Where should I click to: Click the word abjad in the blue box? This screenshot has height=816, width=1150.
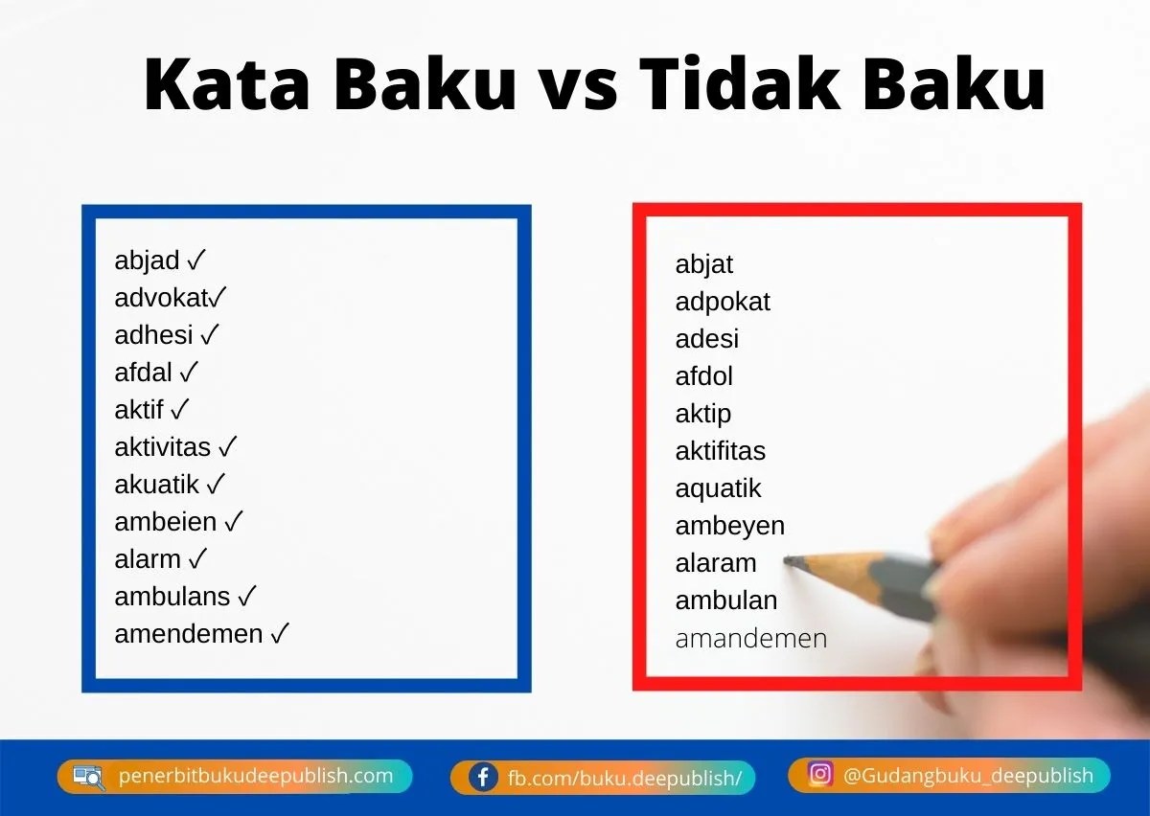pyautogui.click(x=147, y=261)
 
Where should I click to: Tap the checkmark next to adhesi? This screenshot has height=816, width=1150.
pyautogui.click(x=211, y=335)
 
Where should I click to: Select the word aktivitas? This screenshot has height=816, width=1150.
pyautogui.click(x=163, y=447)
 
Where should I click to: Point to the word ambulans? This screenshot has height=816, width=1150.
pyautogui.click(x=172, y=597)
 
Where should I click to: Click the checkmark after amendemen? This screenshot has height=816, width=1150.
pyautogui.click(x=280, y=634)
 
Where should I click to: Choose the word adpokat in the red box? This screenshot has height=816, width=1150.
pyautogui.click(x=723, y=303)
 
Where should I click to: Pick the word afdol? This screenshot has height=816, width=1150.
pyautogui.click(x=704, y=376)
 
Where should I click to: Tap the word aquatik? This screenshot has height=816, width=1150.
pyautogui.click(x=718, y=488)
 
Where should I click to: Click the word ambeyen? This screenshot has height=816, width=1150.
pyautogui.click(x=729, y=526)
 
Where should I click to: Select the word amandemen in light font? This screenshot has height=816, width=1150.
pyautogui.click(x=750, y=639)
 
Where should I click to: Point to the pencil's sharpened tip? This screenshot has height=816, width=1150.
pyautogui.click(x=789, y=562)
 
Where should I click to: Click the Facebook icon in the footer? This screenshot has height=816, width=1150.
pyautogui.click(x=484, y=777)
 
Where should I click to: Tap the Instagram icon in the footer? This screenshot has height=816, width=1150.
pyautogui.click(x=820, y=774)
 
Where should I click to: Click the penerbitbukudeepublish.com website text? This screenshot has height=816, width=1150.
pyautogui.click(x=256, y=776)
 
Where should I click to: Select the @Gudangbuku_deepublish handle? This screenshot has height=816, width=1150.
pyautogui.click(x=968, y=775)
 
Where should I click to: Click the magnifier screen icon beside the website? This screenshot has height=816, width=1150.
pyautogui.click(x=88, y=778)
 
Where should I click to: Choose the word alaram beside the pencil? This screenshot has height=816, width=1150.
pyautogui.click(x=716, y=563)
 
